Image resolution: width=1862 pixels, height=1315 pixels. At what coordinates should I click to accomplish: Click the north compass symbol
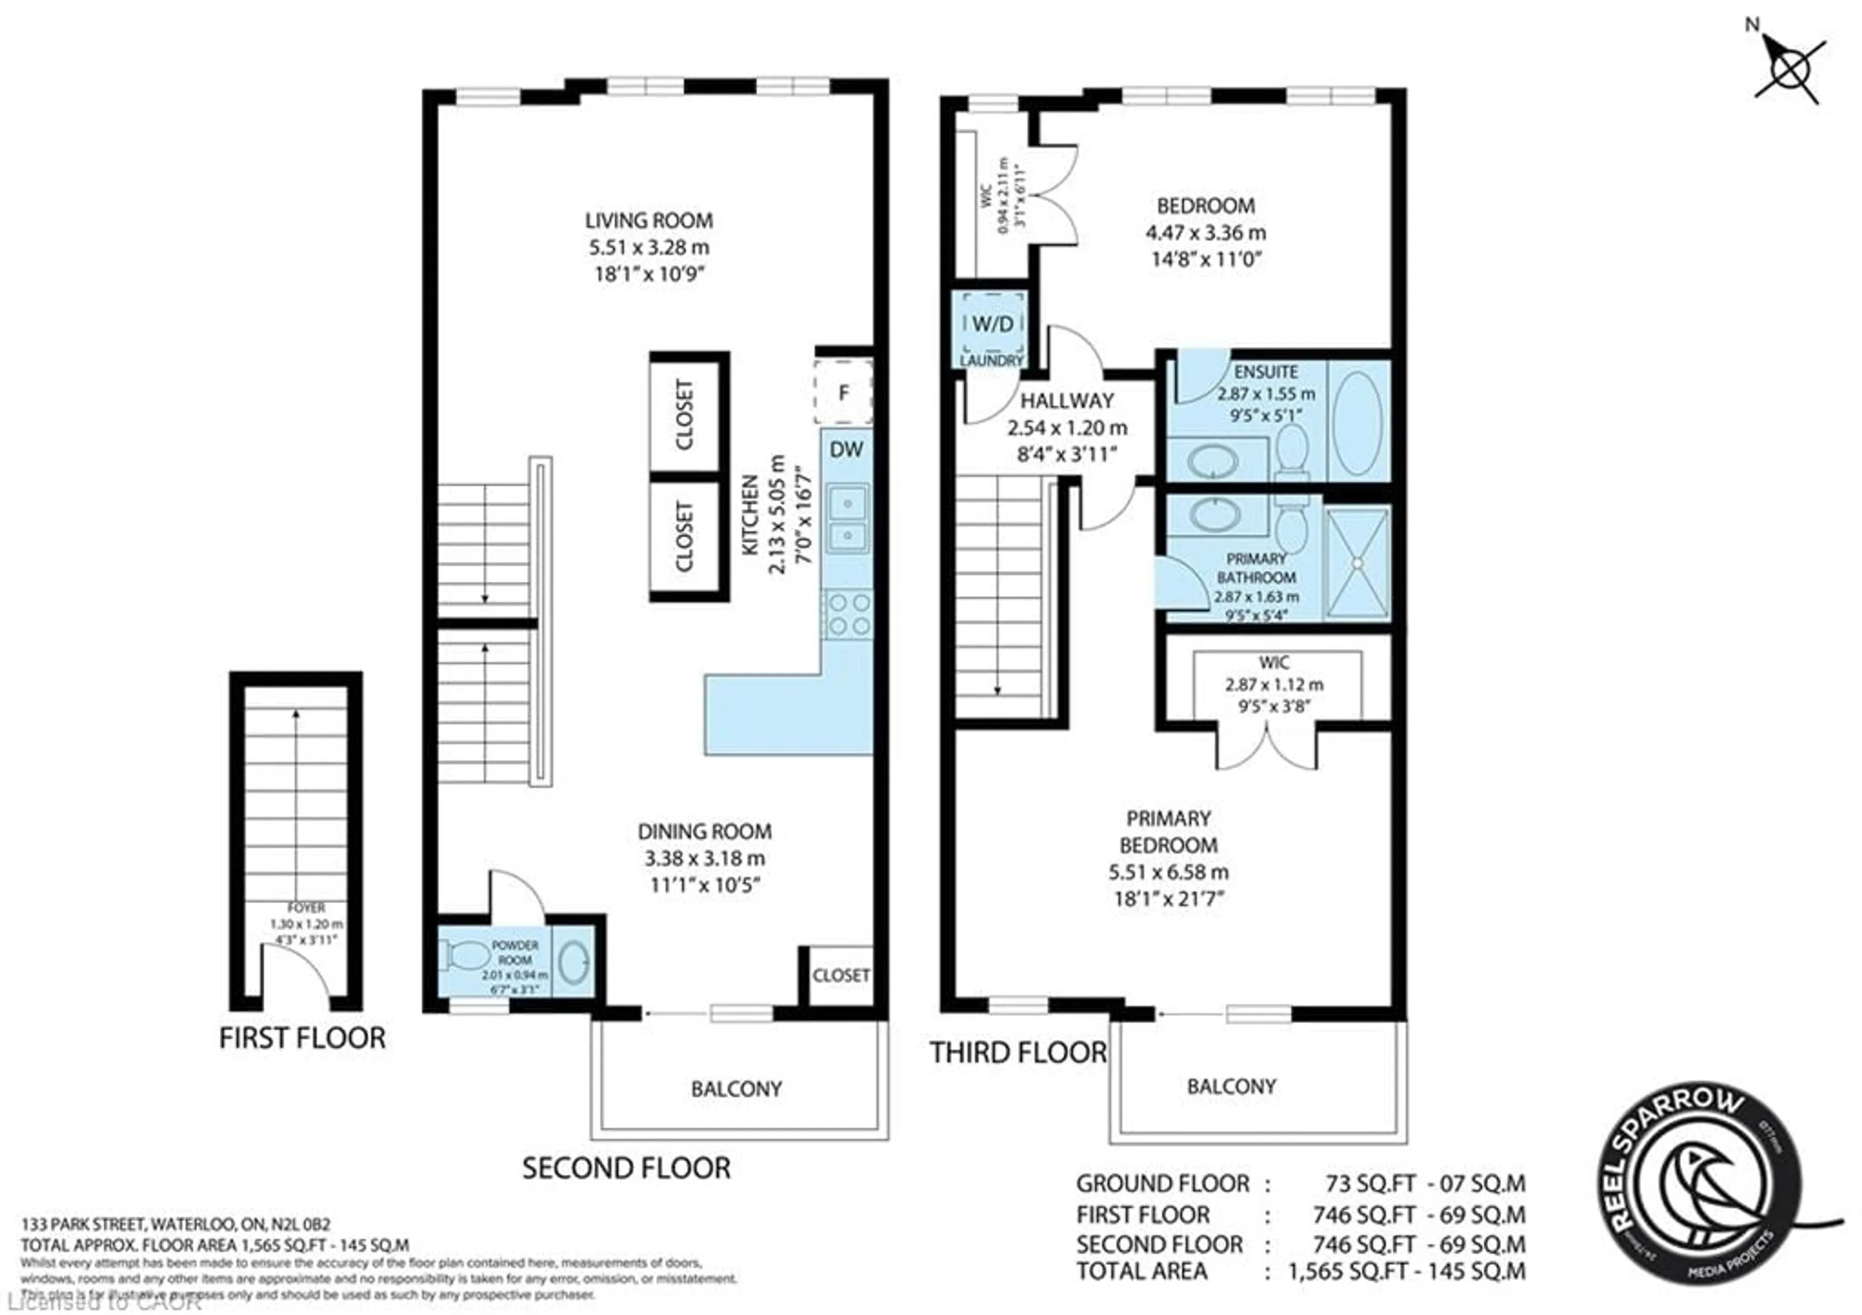tap(1788, 68)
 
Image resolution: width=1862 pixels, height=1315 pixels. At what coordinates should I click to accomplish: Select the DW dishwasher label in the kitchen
tap(846, 450)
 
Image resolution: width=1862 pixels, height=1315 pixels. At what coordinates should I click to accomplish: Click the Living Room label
tap(649, 221)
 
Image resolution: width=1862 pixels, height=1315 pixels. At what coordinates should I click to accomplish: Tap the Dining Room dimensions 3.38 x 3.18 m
tap(704, 858)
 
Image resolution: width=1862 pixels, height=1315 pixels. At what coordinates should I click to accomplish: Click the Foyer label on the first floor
tap(306, 908)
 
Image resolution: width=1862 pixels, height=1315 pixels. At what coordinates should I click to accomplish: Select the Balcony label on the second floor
tap(736, 1088)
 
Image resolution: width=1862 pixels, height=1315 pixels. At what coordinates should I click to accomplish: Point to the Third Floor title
tap(1017, 1053)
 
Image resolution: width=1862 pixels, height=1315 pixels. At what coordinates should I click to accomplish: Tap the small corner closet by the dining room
tap(840, 975)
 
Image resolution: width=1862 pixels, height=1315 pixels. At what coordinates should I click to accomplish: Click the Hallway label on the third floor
tap(1066, 401)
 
